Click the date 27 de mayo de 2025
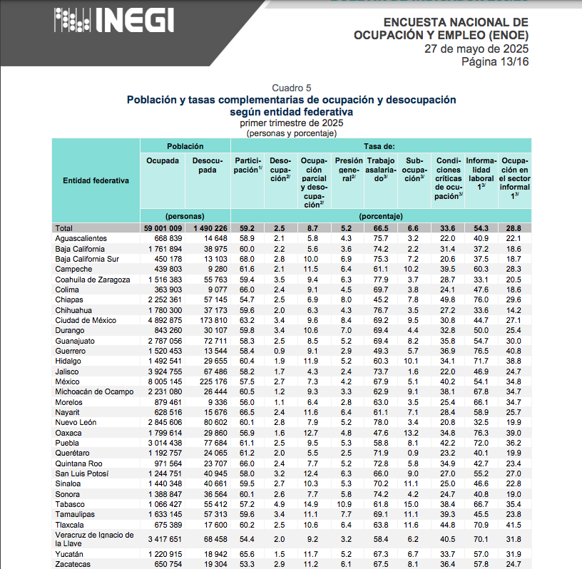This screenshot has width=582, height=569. (x=476, y=48)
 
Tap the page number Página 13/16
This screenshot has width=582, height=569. (x=494, y=61)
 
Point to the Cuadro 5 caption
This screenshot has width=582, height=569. (x=291, y=88)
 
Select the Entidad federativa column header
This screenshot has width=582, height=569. (x=96, y=180)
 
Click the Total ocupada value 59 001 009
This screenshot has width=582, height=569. (x=162, y=227)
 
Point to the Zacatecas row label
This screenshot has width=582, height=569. (x=73, y=564)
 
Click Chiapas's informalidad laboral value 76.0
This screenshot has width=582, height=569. (x=481, y=299)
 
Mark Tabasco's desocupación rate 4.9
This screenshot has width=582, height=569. (x=280, y=504)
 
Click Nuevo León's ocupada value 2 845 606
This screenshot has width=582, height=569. (x=164, y=422)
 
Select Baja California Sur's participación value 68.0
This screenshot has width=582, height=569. (x=247, y=259)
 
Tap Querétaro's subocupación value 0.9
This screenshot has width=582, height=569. (x=413, y=453)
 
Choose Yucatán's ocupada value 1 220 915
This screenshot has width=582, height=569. (x=164, y=553)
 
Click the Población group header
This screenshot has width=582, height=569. (x=185, y=145)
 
